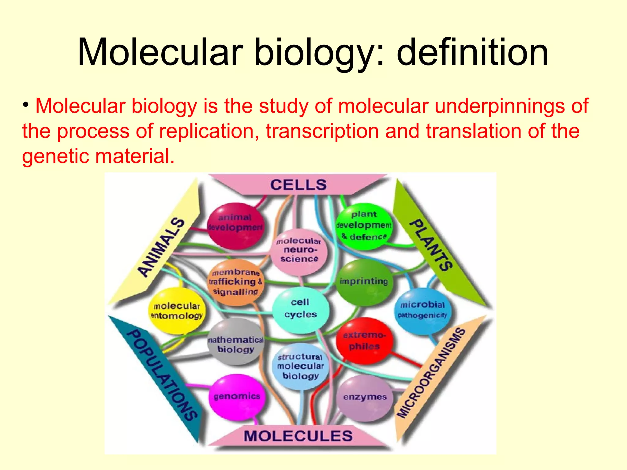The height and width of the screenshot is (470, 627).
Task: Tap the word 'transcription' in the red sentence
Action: coord(322,131)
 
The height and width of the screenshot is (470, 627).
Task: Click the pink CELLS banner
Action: coord(298,185)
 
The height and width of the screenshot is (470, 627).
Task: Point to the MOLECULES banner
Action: coord(298,436)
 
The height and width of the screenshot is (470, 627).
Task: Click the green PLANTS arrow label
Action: coord(432,245)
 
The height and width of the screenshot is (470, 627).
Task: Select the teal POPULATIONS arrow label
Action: coord(161,375)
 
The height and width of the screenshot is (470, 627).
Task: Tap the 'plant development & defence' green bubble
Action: coord(364,226)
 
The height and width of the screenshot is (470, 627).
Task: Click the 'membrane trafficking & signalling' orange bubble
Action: coord(235,282)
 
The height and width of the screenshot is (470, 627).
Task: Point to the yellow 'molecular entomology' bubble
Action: coord(177,311)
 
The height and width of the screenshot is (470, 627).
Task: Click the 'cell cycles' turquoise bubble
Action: coord(300,309)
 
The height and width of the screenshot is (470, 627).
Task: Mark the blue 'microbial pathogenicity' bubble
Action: coord(422,310)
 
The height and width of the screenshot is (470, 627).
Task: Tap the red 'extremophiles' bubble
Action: coord(364,341)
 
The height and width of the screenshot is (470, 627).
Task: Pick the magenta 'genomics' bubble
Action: coord(237,396)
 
